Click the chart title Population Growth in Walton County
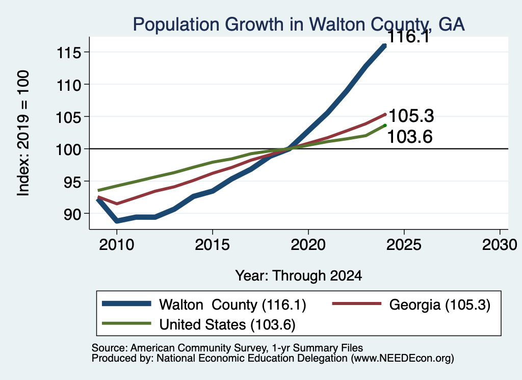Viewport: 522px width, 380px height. [299, 24]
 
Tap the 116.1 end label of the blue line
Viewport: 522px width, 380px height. [409, 36]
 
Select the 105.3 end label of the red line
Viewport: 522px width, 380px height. [411, 116]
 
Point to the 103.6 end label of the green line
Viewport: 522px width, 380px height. [410, 137]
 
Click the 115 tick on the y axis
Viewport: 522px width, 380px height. [69, 53]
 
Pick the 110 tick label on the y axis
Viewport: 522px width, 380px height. [69, 85]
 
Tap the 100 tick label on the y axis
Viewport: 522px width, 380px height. [68, 149]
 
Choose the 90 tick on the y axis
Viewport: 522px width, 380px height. [72, 214]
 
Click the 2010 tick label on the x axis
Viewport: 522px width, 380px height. [117, 245]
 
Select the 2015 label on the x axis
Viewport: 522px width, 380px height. [213, 245]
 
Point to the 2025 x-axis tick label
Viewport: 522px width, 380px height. [404, 245]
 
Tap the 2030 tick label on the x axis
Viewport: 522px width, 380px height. [500, 245]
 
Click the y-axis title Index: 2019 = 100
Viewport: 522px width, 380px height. [23, 133]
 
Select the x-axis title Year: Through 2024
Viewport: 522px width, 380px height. [299, 276]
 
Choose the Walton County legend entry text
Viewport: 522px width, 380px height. [232, 305]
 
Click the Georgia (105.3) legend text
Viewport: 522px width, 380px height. [440, 305]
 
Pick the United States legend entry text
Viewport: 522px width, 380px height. [227, 324]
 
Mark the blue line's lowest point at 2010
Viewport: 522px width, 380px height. [117, 221]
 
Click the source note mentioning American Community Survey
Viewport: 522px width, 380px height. [227, 348]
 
